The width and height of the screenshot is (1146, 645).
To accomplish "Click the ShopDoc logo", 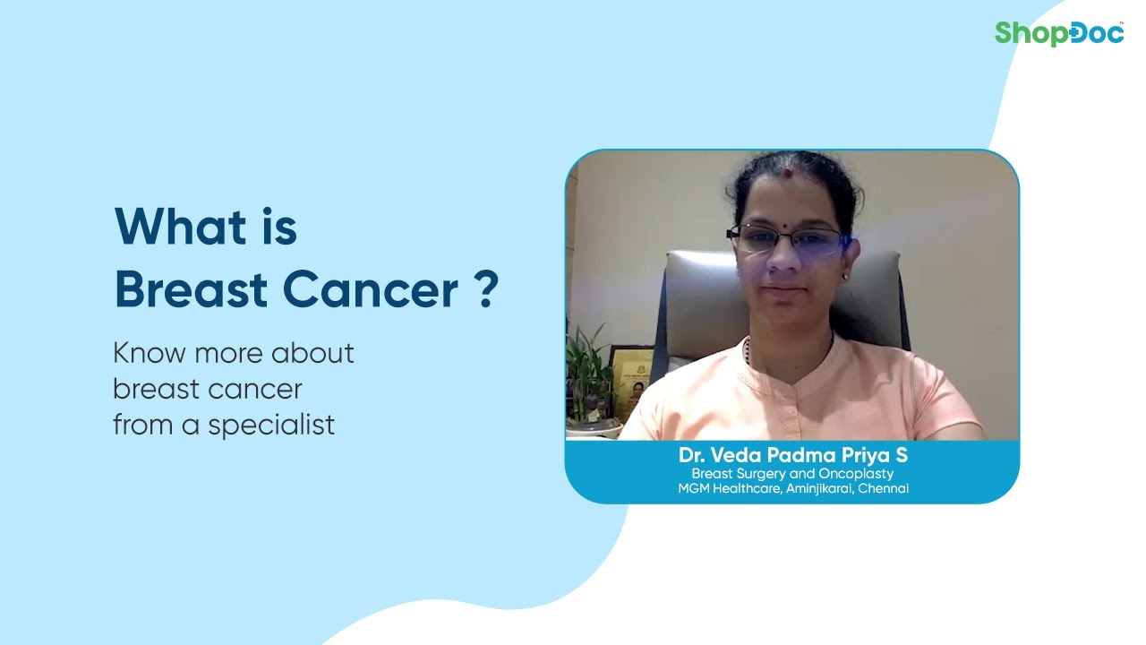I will pos(1059,33).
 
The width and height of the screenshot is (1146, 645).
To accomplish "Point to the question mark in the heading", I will pos(486,290).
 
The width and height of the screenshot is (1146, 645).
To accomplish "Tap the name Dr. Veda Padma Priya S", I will pos(791,456).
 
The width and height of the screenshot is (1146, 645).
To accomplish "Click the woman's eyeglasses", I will pos(786,239).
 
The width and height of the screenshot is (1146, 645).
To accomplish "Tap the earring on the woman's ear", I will pos(843,278).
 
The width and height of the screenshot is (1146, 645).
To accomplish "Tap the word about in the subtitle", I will pos(314,353).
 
